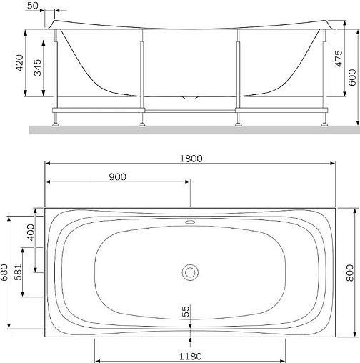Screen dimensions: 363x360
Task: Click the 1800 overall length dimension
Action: (x=191, y=158)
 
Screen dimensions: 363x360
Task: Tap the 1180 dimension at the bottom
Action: (x=190, y=357)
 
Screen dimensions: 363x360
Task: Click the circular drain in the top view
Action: (x=190, y=272)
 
